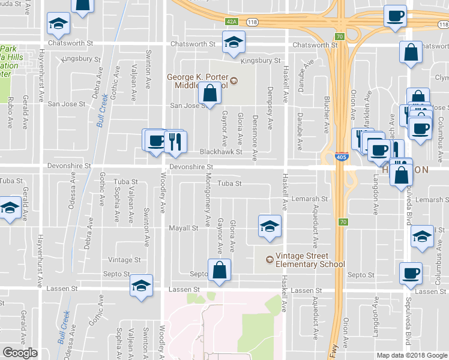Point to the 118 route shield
(x=252, y=22)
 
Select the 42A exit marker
(x=232, y=21)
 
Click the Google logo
(x=20, y=353)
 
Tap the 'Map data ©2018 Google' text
(x=412, y=355)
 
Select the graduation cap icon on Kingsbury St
(x=234, y=42)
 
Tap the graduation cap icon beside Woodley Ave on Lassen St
(x=141, y=286)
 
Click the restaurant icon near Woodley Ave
(x=175, y=141)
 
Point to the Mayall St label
(x=183, y=228)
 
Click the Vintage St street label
(x=124, y=260)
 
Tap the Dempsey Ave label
(x=270, y=114)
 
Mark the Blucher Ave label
(x=327, y=114)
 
